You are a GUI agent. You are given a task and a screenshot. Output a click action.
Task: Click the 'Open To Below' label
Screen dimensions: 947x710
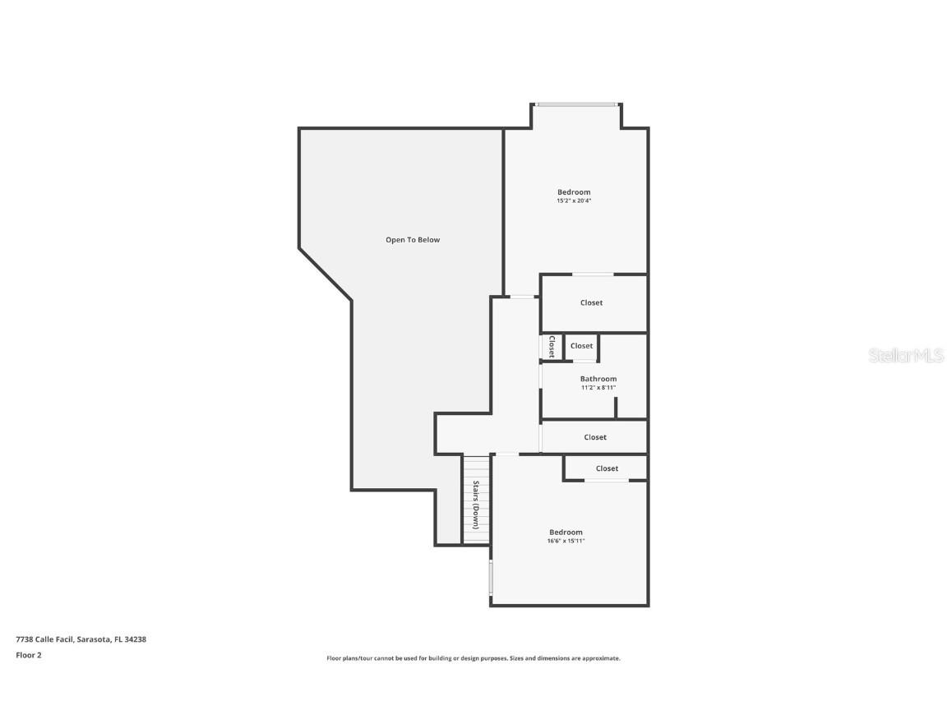pyautogui.click(x=413, y=240)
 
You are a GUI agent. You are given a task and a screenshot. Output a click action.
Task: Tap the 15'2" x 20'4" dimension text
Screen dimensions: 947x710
pyautogui.click(x=574, y=201)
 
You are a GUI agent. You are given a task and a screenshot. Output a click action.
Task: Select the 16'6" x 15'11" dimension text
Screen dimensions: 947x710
pyautogui.click(x=566, y=541)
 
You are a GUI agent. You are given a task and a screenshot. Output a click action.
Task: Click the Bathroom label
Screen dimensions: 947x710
pyautogui.click(x=598, y=379)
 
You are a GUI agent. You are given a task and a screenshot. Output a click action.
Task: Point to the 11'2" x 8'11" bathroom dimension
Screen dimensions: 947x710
pyautogui.click(x=598, y=388)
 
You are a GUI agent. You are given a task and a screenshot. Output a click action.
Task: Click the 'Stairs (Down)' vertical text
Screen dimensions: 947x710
pyautogui.click(x=475, y=505)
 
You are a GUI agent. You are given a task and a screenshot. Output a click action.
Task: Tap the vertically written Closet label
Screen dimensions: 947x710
pyautogui.click(x=552, y=346)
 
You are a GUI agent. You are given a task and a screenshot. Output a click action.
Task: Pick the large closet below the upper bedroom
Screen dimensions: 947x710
pyautogui.click(x=591, y=302)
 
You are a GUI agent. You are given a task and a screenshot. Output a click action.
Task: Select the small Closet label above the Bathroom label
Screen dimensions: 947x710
pyautogui.click(x=581, y=346)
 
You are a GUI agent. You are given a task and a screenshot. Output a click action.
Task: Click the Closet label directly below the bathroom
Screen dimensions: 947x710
pyautogui.click(x=595, y=437)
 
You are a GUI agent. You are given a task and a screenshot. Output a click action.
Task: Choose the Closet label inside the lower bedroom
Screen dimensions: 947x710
pyautogui.click(x=607, y=468)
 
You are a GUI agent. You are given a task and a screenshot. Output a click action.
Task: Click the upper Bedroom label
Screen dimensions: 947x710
pyautogui.click(x=574, y=192)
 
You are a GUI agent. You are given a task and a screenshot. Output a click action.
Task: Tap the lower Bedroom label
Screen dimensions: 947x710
pyautogui.click(x=566, y=532)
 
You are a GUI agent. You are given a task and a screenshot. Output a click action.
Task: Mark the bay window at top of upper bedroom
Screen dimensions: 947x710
pyautogui.click(x=575, y=104)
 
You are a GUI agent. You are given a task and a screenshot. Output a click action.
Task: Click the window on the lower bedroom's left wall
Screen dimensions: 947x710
pyautogui.click(x=491, y=578)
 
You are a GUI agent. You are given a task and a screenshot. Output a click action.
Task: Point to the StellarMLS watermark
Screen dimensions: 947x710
pyautogui.click(x=908, y=355)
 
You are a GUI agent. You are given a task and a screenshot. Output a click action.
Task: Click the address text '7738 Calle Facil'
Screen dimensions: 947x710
pyautogui.click(x=44, y=639)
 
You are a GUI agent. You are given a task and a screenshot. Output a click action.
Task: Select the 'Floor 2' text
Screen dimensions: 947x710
pyautogui.click(x=28, y=655)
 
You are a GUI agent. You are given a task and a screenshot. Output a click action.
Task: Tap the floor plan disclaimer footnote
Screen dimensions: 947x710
pyautogui.click(x=473, y=658)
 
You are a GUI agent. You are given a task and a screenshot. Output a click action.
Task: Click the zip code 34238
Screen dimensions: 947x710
pyautogui.click(x=136, y=639)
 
